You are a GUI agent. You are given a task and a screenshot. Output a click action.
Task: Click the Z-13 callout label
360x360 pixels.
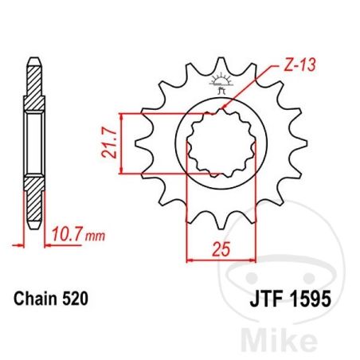tap(299, 65)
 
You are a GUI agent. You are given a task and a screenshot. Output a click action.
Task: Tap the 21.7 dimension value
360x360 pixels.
tap(109, 144)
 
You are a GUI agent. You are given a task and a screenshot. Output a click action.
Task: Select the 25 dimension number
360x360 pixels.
tap(221, 249)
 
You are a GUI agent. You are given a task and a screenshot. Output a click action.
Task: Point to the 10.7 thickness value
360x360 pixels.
tap(66, 234)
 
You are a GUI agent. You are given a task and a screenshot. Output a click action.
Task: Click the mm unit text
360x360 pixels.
tap(95, 236)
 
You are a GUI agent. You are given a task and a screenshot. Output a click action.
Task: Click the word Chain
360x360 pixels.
tap(36, 299)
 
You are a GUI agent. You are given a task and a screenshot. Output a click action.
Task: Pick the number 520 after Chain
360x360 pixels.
tap(75, 299)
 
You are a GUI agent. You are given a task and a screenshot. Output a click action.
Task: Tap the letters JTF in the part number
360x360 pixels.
tap(265, 299)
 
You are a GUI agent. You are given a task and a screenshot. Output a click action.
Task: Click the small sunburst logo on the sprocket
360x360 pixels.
tap(221, 83)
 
